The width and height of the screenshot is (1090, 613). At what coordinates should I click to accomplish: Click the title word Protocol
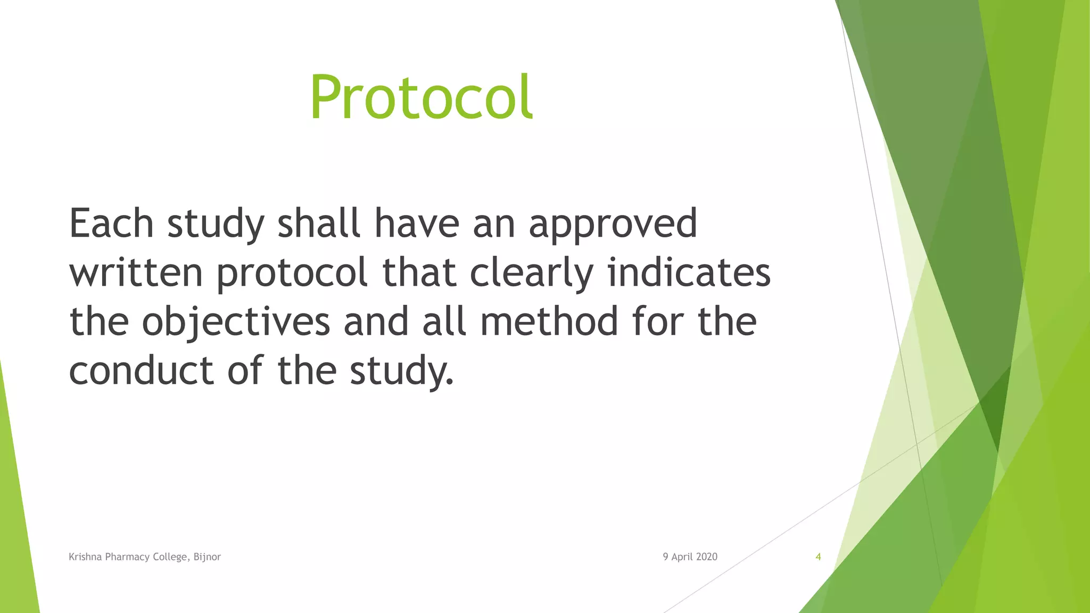coord(421,98)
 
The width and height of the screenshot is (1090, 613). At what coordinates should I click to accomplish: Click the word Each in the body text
coord(111,223)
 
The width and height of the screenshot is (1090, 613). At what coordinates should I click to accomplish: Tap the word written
coord(136,272)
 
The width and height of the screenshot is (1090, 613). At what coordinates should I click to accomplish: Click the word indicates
coord(689,272)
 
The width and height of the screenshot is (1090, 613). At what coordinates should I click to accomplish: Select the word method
coord(549,321)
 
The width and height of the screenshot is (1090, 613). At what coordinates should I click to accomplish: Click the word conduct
coord(142,370)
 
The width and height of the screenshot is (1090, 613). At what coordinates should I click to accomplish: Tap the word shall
coord(319,223)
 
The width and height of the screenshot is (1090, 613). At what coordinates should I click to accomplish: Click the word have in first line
coord(417,223)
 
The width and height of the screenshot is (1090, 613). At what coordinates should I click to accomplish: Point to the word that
coord(419,272)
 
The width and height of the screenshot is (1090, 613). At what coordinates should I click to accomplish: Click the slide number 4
coord(818,557)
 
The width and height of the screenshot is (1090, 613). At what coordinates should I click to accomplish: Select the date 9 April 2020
coord(690,557)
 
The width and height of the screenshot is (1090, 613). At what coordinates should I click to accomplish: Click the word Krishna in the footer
coord(85,557)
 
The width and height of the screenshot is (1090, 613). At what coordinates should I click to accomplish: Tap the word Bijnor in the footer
coord(207,557)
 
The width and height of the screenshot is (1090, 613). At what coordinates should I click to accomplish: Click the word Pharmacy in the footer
coord(127,557)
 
